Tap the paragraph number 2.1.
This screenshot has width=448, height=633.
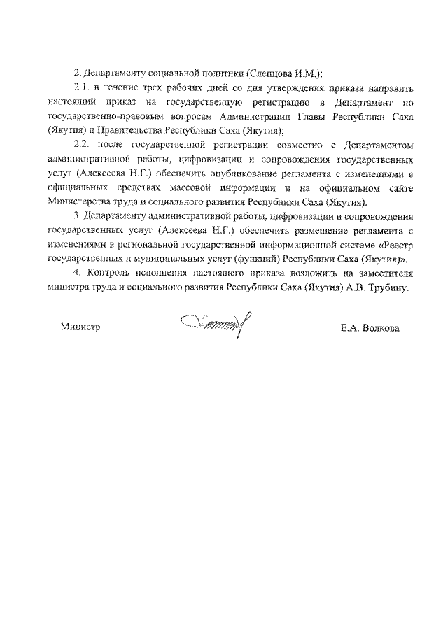(x=83, y=89)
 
